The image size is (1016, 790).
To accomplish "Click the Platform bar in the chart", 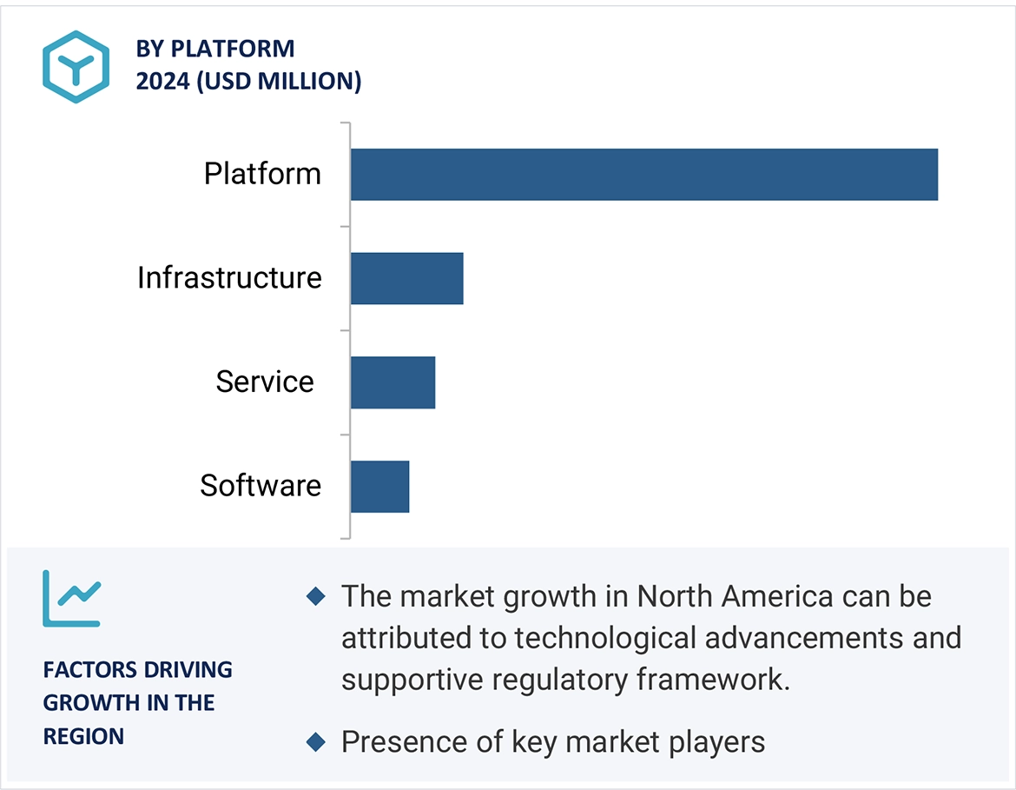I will [x=643, y=175].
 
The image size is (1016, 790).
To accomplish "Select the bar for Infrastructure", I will [x=406, y=279].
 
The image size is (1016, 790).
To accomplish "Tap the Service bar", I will [x=393, y=382].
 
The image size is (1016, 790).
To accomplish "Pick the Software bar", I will [x=379, y=487].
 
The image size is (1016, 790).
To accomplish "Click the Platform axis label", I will [x=262, y=174].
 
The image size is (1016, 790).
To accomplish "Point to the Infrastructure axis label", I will [x=229, y=278].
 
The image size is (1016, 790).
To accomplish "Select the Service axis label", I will [x=265, y=382].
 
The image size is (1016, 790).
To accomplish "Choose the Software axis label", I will [x=261, y=486].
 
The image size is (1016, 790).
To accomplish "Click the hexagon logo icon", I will [x=76, y=67].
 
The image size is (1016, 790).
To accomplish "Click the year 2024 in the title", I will [x=162, y=81].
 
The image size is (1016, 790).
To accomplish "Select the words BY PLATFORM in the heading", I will [x=215, y=49].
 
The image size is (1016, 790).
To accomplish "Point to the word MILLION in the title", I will [x=315, y=81].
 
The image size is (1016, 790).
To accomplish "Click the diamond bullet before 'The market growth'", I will [x=316, y=596].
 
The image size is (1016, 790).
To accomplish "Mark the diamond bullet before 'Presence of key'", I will [x=316, y=742].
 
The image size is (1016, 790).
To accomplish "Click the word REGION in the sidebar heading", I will [x=83, y=736].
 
